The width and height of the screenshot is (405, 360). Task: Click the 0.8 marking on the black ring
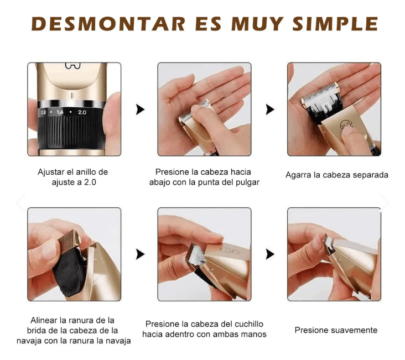43,112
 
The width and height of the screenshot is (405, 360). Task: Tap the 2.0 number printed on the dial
82,112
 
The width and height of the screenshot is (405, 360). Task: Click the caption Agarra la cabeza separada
336,175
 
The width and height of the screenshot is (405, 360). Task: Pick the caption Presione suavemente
336,330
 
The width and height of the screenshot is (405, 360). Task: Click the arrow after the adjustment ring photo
141,109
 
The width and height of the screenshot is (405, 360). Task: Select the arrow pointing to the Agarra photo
270,109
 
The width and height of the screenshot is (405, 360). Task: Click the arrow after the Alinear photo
141,254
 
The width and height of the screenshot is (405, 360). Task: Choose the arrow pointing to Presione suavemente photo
270,254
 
